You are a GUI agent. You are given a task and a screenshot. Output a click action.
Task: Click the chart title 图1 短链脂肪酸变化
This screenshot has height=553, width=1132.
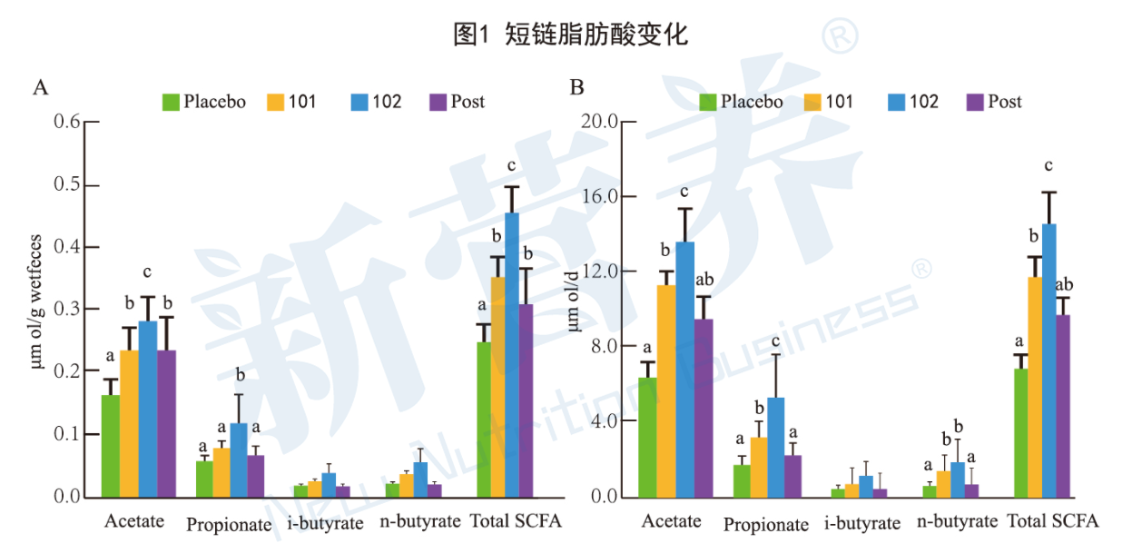[x=570, y=35]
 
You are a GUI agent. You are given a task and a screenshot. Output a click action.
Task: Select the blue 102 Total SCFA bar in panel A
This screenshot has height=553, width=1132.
[x=512, y=354]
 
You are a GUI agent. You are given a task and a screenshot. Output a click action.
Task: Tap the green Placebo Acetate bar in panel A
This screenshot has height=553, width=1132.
[x=111, y=445]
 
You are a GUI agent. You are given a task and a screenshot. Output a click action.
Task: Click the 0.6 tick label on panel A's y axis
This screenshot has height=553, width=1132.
[x=67, y=123]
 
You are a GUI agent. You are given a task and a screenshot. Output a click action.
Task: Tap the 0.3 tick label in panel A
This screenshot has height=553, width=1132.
[x=67, y=310]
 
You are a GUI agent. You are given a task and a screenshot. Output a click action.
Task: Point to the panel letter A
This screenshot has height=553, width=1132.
[x=40, y=88]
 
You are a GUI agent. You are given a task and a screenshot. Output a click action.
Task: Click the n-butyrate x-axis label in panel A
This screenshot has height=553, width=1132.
[x=415, y=522]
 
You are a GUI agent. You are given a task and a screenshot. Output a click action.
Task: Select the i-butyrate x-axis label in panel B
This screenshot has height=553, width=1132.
[x=862, y=524]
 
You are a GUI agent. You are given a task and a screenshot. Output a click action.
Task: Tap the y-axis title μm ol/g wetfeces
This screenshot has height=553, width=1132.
[x=37, y=310]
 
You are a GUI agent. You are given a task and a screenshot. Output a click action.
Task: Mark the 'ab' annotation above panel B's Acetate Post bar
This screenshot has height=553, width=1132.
[x=704, y=280]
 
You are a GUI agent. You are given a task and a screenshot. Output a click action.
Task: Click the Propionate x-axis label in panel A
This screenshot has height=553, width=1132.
[x=229, y=524]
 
